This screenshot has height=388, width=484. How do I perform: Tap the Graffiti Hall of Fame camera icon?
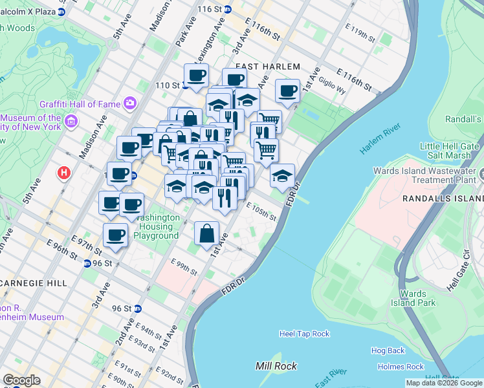130,103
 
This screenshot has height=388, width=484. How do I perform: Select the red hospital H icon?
63,173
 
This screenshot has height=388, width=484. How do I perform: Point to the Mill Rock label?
276,366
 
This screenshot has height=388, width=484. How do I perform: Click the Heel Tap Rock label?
304,334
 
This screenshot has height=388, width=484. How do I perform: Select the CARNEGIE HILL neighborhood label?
32,283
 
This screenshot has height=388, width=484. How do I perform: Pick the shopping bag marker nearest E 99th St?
206,233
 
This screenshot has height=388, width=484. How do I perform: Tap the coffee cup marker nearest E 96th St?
116,235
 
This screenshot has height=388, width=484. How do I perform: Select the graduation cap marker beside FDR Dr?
282,175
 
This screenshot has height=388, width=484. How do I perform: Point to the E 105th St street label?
261,211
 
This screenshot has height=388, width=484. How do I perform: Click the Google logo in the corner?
21,380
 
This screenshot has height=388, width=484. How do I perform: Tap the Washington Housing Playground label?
156,226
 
